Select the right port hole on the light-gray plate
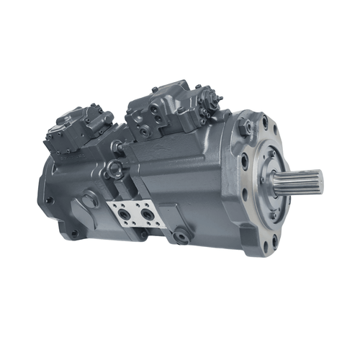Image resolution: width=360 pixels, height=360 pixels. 148,215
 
